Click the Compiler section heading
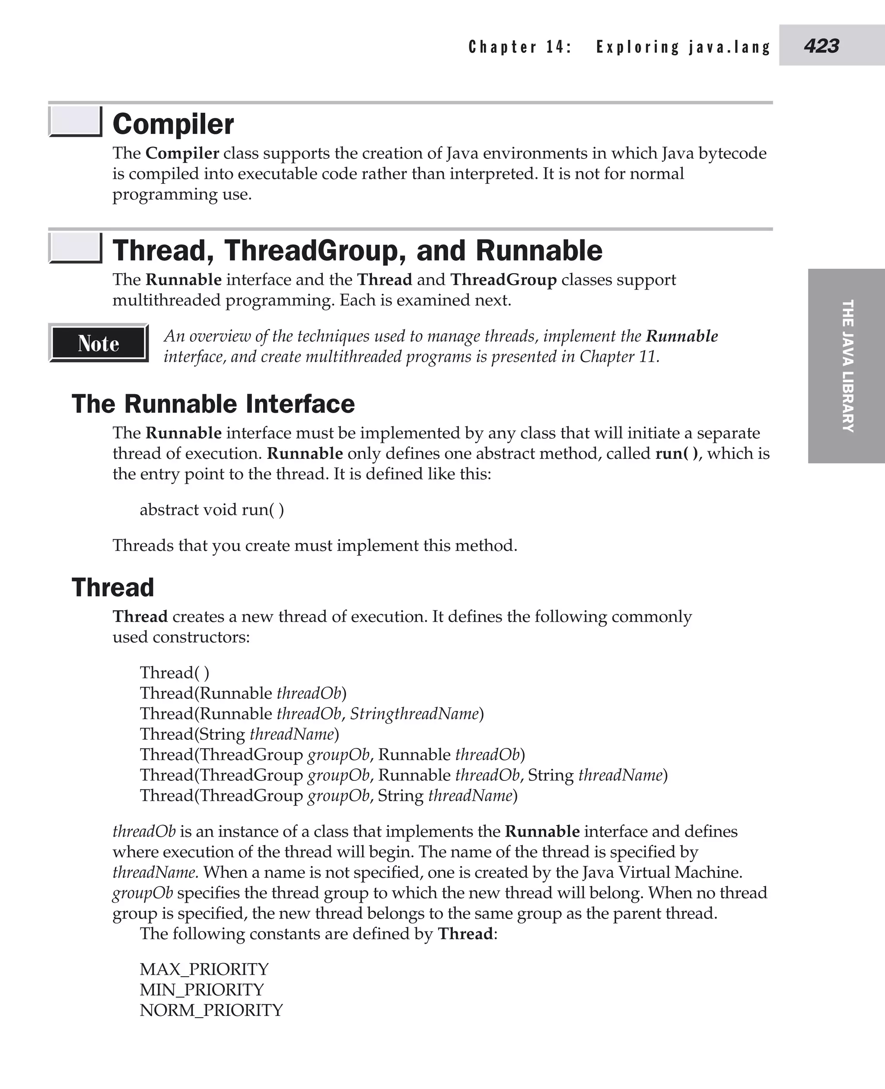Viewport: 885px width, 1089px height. click(x=173, y=124)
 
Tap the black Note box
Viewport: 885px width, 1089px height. click(x=99, y=343)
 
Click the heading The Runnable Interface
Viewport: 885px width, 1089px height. click(x=213, y=404)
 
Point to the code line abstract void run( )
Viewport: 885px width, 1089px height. click(x=212, y=509)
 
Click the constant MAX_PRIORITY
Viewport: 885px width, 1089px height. click(x=204, y=969)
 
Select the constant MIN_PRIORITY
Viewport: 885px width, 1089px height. click(x=202, y=989)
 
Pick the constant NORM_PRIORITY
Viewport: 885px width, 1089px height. click(x=211, y=1009)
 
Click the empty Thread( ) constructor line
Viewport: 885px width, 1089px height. click(x=174, y=672)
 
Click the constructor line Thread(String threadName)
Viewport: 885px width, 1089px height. click(x=239, y=734)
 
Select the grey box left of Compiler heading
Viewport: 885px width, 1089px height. click(x=75, y=121)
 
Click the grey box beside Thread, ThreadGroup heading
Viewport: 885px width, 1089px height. click(x=75, y=248)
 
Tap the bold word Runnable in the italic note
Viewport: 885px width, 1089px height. click(x=681, y=336)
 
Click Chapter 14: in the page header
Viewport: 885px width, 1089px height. click(x=520, y=47)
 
